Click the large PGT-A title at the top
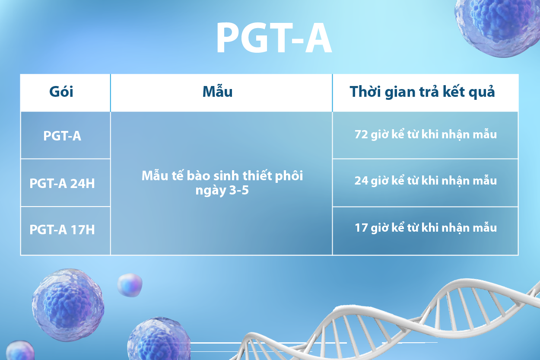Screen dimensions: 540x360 point(274,38)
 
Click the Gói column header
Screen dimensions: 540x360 point(61,92)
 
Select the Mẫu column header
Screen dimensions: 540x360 point(217,92)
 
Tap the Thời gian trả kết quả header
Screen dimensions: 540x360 point(422,92)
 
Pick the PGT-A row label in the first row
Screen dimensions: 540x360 point(62,136)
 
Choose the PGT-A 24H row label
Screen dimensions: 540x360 point(62,183)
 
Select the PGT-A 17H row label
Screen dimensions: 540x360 point(62,229)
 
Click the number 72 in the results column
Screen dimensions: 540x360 point(361,134)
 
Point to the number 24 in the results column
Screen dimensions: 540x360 point(361,181)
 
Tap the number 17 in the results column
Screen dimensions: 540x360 point(361,228)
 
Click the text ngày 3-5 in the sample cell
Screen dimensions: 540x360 point(222,191)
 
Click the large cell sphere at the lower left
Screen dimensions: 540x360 point(68,305)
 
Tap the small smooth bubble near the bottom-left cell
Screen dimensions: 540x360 point(130,285)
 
